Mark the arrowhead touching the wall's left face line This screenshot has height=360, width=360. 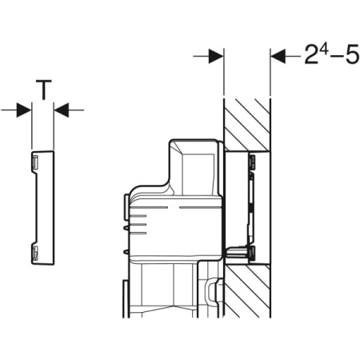click(216, 57)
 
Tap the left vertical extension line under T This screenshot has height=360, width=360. click(31, 128)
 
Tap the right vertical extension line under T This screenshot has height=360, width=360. click(54, 128)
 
